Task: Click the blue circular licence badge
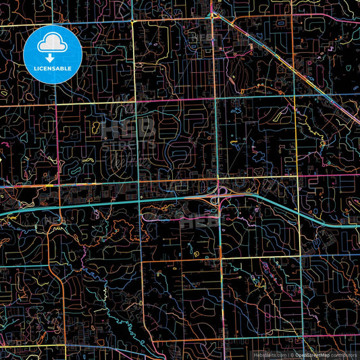pyautogui.click(x=53, y=54)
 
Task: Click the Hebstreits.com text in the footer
pyautogui.click(x=269, y=355)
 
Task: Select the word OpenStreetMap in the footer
pyautogui.click(x=313, y=355)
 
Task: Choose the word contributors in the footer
pyautogui.click(x=344, y=355)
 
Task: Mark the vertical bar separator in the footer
pyautogui.click(x=286, y=355)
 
